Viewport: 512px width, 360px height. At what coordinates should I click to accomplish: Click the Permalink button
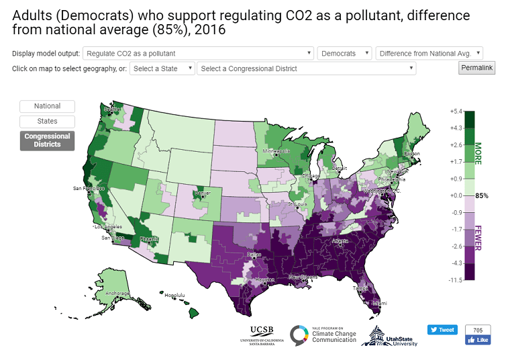476,68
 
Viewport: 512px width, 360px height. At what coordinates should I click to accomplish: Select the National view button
47,106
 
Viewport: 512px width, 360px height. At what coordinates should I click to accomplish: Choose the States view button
47,122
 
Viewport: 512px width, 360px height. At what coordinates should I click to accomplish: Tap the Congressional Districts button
47,140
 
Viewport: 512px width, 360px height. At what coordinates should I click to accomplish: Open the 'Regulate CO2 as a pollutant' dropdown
199,53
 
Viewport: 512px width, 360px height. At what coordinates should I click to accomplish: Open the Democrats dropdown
345,53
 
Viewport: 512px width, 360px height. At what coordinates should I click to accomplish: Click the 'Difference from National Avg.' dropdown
429,53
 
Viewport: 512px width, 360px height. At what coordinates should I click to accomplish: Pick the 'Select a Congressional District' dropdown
307,69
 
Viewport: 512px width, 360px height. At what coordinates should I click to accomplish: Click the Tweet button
442,330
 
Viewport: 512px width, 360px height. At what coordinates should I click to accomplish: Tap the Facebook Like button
478,341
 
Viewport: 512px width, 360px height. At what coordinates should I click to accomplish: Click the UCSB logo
261,334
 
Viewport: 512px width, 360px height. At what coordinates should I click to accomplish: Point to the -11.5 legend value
456,279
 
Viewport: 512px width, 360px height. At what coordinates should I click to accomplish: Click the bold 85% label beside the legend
481,195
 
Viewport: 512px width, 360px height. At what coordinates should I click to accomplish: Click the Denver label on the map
202,193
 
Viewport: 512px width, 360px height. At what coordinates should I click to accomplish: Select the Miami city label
379,303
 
